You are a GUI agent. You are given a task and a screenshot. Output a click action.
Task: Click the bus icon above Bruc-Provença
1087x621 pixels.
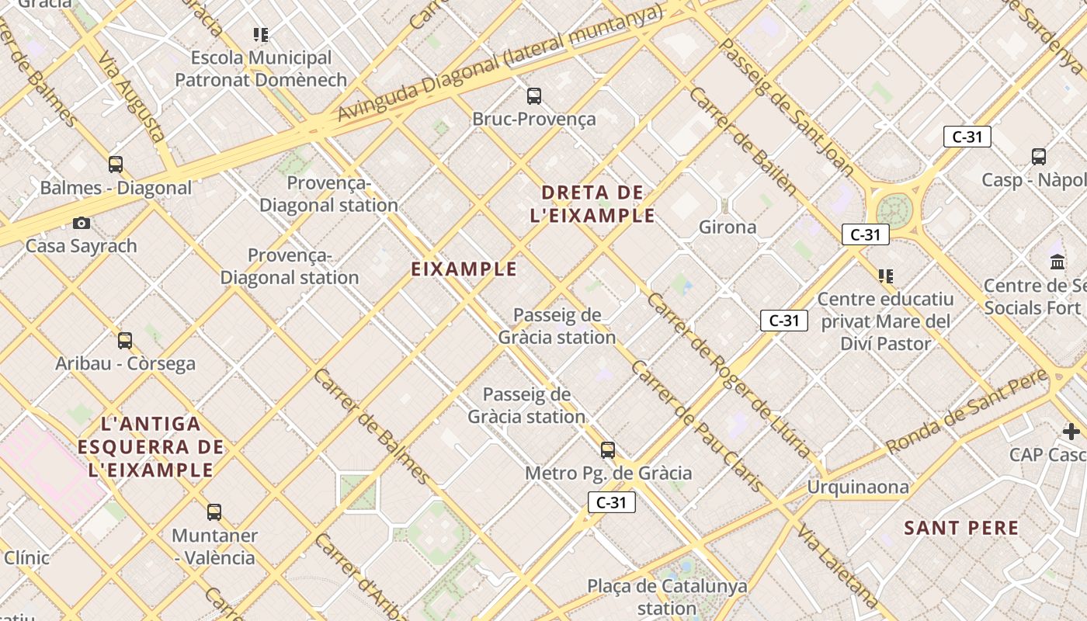point(534,96)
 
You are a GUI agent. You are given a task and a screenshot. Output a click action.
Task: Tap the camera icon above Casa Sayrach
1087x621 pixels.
point(82,224)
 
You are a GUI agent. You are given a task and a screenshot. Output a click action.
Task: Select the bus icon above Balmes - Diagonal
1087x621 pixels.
point(116,165)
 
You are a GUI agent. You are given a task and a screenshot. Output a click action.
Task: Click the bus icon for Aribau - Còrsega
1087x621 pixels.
point(125,341)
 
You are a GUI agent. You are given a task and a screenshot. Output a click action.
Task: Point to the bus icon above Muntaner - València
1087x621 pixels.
point(214,512)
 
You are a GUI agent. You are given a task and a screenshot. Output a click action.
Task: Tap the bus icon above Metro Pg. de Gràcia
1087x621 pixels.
point(608,450)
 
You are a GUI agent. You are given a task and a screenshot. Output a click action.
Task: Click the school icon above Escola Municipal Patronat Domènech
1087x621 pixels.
point(261,35)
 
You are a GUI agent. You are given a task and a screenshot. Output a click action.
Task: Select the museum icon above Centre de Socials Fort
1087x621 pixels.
point(1057,262)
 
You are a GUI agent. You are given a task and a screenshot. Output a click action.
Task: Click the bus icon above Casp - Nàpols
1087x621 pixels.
point(1039,157)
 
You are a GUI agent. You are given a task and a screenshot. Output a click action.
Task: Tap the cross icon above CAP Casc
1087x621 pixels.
point(1071,432)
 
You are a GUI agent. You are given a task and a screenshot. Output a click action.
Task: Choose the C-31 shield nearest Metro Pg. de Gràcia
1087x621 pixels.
point(612,502)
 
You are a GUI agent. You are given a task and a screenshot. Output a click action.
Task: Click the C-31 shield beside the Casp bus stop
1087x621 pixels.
point(967,137)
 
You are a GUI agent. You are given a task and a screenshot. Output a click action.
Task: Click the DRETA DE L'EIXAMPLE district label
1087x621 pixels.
point(592,204)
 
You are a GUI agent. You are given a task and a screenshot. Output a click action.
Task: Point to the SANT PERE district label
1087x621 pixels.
point(961,529)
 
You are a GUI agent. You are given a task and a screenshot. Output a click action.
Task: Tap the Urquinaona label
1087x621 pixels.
point(858,487)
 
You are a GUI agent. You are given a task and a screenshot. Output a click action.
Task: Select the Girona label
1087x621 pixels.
point(728,227)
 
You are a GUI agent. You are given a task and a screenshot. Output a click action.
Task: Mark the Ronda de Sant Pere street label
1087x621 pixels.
point(967,412)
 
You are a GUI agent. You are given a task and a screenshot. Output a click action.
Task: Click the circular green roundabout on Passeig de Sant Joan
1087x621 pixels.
point(894,210)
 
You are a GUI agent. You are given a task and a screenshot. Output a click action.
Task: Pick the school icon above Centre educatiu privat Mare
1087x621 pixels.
point(886,276)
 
